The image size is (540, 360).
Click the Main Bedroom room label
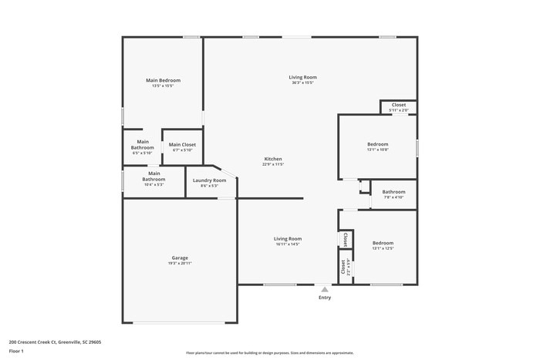(x=164, y=80)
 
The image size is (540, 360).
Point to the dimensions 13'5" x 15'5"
(x=164, y=86)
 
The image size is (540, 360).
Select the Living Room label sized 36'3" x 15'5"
(x=302, y=77)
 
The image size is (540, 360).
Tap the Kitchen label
(x=273, y=159)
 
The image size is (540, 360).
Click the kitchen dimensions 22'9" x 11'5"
(x=273, y=164)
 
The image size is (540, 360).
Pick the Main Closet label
(x=183, y=144)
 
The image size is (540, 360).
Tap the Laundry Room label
(x=209, y=180)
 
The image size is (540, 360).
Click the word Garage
(x=180, y=257)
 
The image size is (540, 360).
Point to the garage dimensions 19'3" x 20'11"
(x=180, y=263)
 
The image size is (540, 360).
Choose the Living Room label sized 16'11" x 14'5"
(x=288, y=239)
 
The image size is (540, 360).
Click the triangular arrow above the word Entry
(x=325, y=290)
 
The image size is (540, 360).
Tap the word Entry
(x=325, y=298)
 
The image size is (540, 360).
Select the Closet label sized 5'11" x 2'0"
(x=399, y=105)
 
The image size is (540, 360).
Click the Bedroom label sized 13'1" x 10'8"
(x=377, y=144)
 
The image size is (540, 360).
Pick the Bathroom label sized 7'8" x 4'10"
(x=393, y=191)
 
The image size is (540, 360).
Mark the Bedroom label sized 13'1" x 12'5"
(x=383, y=243)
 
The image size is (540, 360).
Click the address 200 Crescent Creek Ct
(x=35, y=341)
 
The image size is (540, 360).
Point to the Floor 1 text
(x=16, y=352)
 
